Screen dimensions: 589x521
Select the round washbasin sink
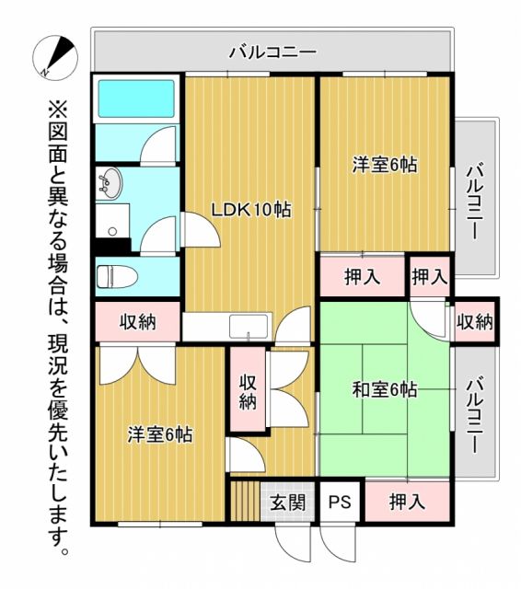109,182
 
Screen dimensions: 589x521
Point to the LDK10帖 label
251,210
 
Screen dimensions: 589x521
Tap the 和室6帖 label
384,389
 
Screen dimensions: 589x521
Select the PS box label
341,502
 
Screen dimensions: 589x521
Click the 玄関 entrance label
287,502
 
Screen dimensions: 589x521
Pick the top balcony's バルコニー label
272,52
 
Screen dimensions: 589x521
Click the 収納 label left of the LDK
138,323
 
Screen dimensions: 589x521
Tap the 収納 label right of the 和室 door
475,323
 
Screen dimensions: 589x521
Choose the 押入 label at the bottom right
407,502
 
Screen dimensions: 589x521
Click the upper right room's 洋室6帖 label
385,166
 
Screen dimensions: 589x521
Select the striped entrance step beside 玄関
244,502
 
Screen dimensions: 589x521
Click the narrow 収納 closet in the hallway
247,391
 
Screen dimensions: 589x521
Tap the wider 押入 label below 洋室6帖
363,276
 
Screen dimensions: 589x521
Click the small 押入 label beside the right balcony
429,276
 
